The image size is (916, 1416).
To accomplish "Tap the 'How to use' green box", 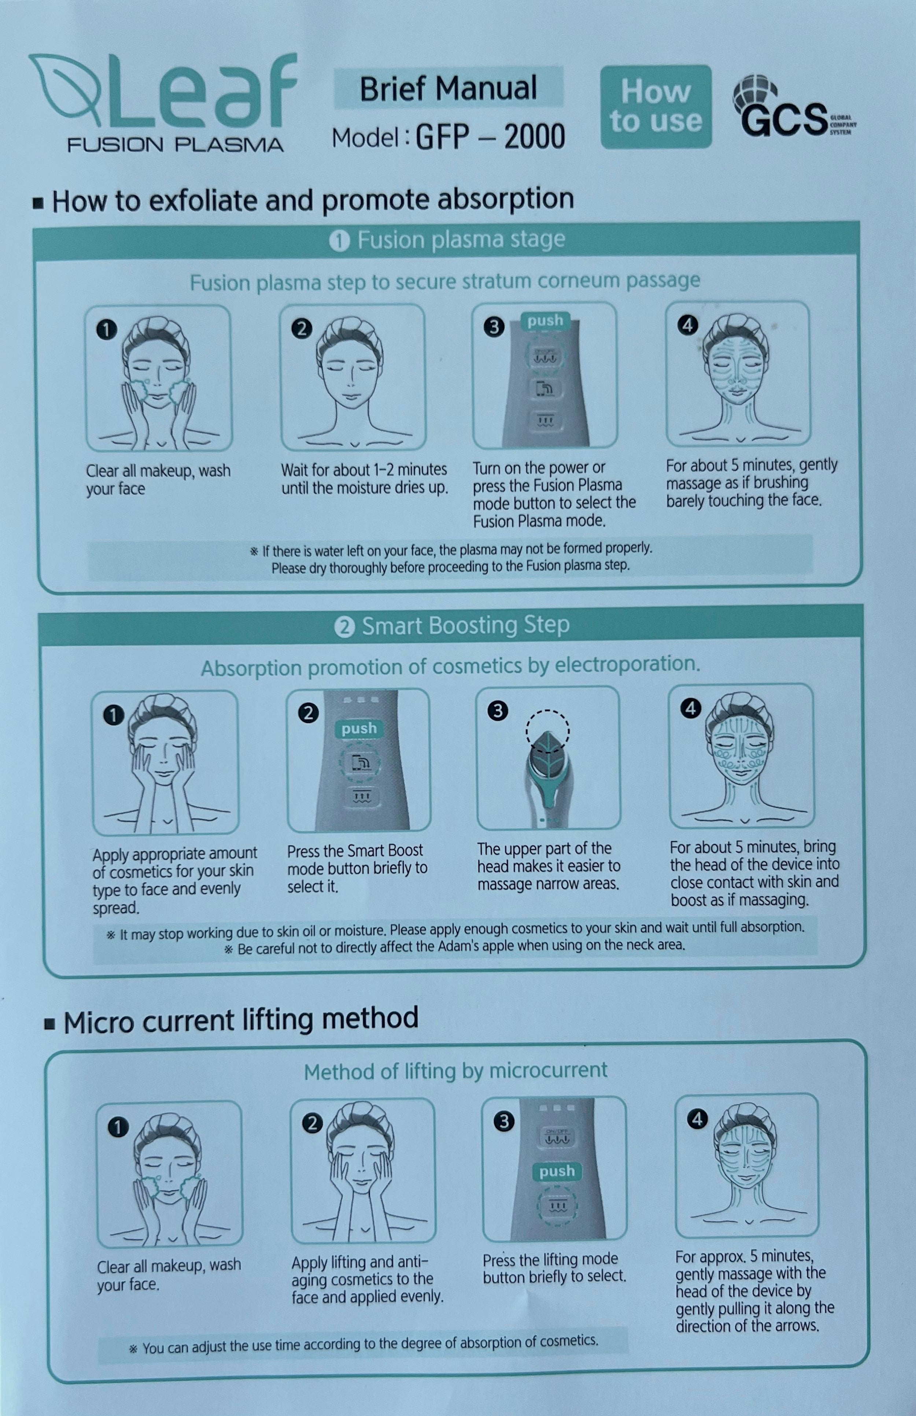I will tap(655, 107).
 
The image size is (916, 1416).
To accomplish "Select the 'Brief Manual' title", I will tap(448, 88).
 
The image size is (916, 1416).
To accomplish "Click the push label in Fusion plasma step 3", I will tap(545, 321).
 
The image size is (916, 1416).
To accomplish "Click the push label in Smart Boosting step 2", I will tap(359, 729).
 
